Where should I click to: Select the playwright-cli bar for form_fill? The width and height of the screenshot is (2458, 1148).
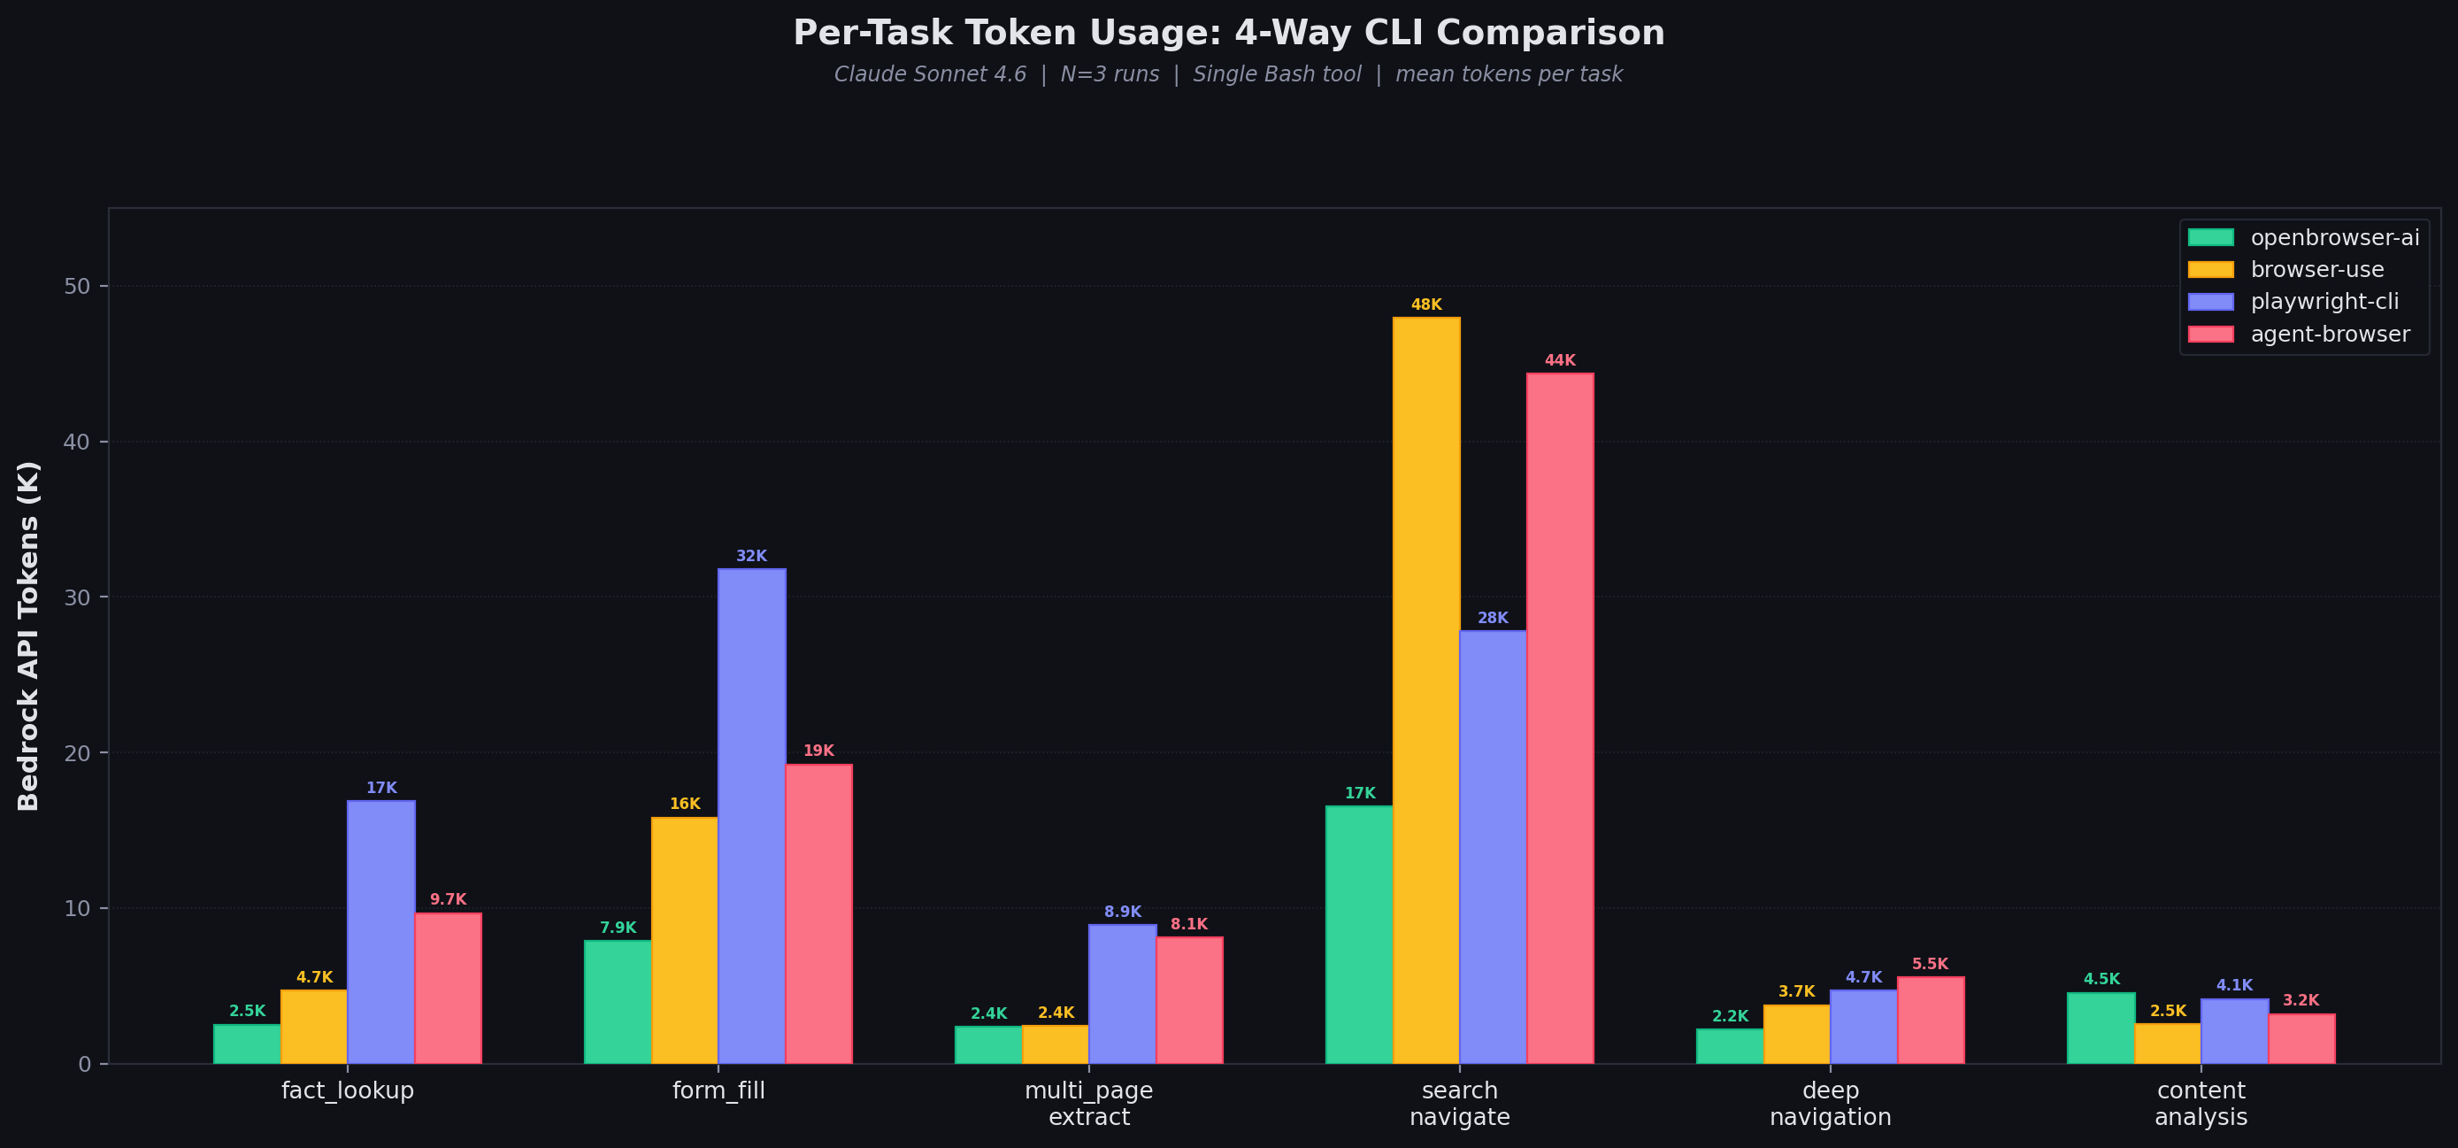(752, 816)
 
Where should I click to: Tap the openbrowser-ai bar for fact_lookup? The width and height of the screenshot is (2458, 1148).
(247, 1044)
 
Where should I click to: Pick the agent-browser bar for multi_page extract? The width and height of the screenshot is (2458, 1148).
(1189, 1000)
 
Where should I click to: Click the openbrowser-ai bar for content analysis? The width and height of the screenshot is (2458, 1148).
(2101, 1028)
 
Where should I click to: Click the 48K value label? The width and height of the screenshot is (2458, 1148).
(1425, 304)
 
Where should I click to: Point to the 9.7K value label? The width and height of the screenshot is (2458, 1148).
(448, 899)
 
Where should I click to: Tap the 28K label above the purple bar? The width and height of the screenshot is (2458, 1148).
(1493, 618)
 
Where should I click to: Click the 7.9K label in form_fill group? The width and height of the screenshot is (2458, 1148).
(618, 928)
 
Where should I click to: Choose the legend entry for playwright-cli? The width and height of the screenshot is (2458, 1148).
(2324, 302)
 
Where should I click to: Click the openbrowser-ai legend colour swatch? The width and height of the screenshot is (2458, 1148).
(2210, 237)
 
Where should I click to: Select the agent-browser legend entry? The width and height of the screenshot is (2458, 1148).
(2329, 334)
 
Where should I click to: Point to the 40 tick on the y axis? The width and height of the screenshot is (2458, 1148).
(77, 442)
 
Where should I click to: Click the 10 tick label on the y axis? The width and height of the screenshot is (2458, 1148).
(77, 908)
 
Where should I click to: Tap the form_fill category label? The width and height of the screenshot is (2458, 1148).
(718, 1090)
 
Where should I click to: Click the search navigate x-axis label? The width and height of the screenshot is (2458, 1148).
(1459, 1103)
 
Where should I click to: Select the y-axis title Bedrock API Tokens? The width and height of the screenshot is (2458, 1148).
(28, 636)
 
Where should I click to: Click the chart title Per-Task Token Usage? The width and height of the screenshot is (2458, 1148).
(1228, 33)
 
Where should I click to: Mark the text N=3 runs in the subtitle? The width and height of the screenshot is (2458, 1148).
(1109, 74)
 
